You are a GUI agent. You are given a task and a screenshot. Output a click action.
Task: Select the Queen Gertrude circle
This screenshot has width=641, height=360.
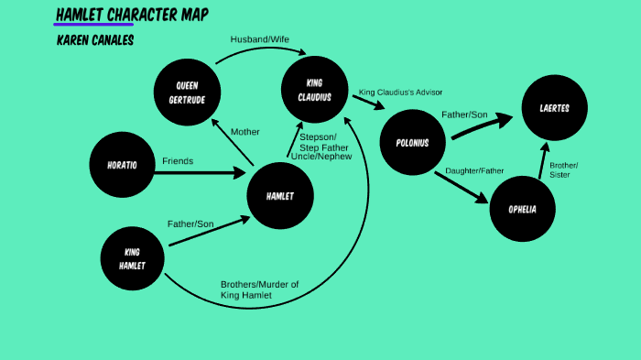[x=187, y=92]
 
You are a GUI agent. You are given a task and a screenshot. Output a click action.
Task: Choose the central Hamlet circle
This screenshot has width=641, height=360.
[x=280, y=196]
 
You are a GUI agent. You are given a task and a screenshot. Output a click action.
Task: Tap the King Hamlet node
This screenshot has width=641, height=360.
[x=133, y=258]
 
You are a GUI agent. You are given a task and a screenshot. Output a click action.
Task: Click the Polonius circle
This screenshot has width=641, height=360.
[x=412, y=143]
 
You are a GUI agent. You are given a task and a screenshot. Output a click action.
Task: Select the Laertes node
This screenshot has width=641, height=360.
[x=555, y=108]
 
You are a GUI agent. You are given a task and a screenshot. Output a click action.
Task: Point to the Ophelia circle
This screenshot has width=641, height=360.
[x=523, y=209]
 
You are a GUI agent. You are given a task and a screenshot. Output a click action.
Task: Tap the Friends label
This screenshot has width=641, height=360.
[x=178, y=161]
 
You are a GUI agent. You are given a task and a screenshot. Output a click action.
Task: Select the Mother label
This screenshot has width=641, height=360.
[x=245, y=132]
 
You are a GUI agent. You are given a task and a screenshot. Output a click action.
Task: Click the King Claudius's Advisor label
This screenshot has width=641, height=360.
[x=402, y=93]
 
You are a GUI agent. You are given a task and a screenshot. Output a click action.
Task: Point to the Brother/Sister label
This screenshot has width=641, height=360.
[x=563, y=169]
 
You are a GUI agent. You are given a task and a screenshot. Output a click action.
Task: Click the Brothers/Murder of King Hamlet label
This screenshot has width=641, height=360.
[x=259, y=289]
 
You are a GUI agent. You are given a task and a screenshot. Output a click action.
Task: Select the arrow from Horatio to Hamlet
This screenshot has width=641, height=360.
[x=206, y=172]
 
